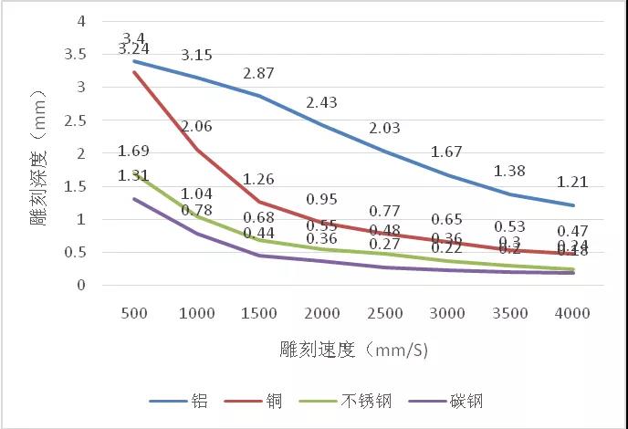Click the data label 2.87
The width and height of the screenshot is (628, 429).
pyautogui.click(x=258, y=73)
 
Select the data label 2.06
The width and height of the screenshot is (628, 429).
pyautogui.click(x=197, y=127)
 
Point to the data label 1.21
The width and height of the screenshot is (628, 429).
pyautogui.click(x=573, y=183)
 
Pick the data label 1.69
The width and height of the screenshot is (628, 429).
pyautogui.click(x=134, y=151)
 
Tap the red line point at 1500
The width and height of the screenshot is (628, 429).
pyautogui.click(x=258, y=202)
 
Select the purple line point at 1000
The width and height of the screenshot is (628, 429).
pyautogui.click(x=197, y=234)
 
